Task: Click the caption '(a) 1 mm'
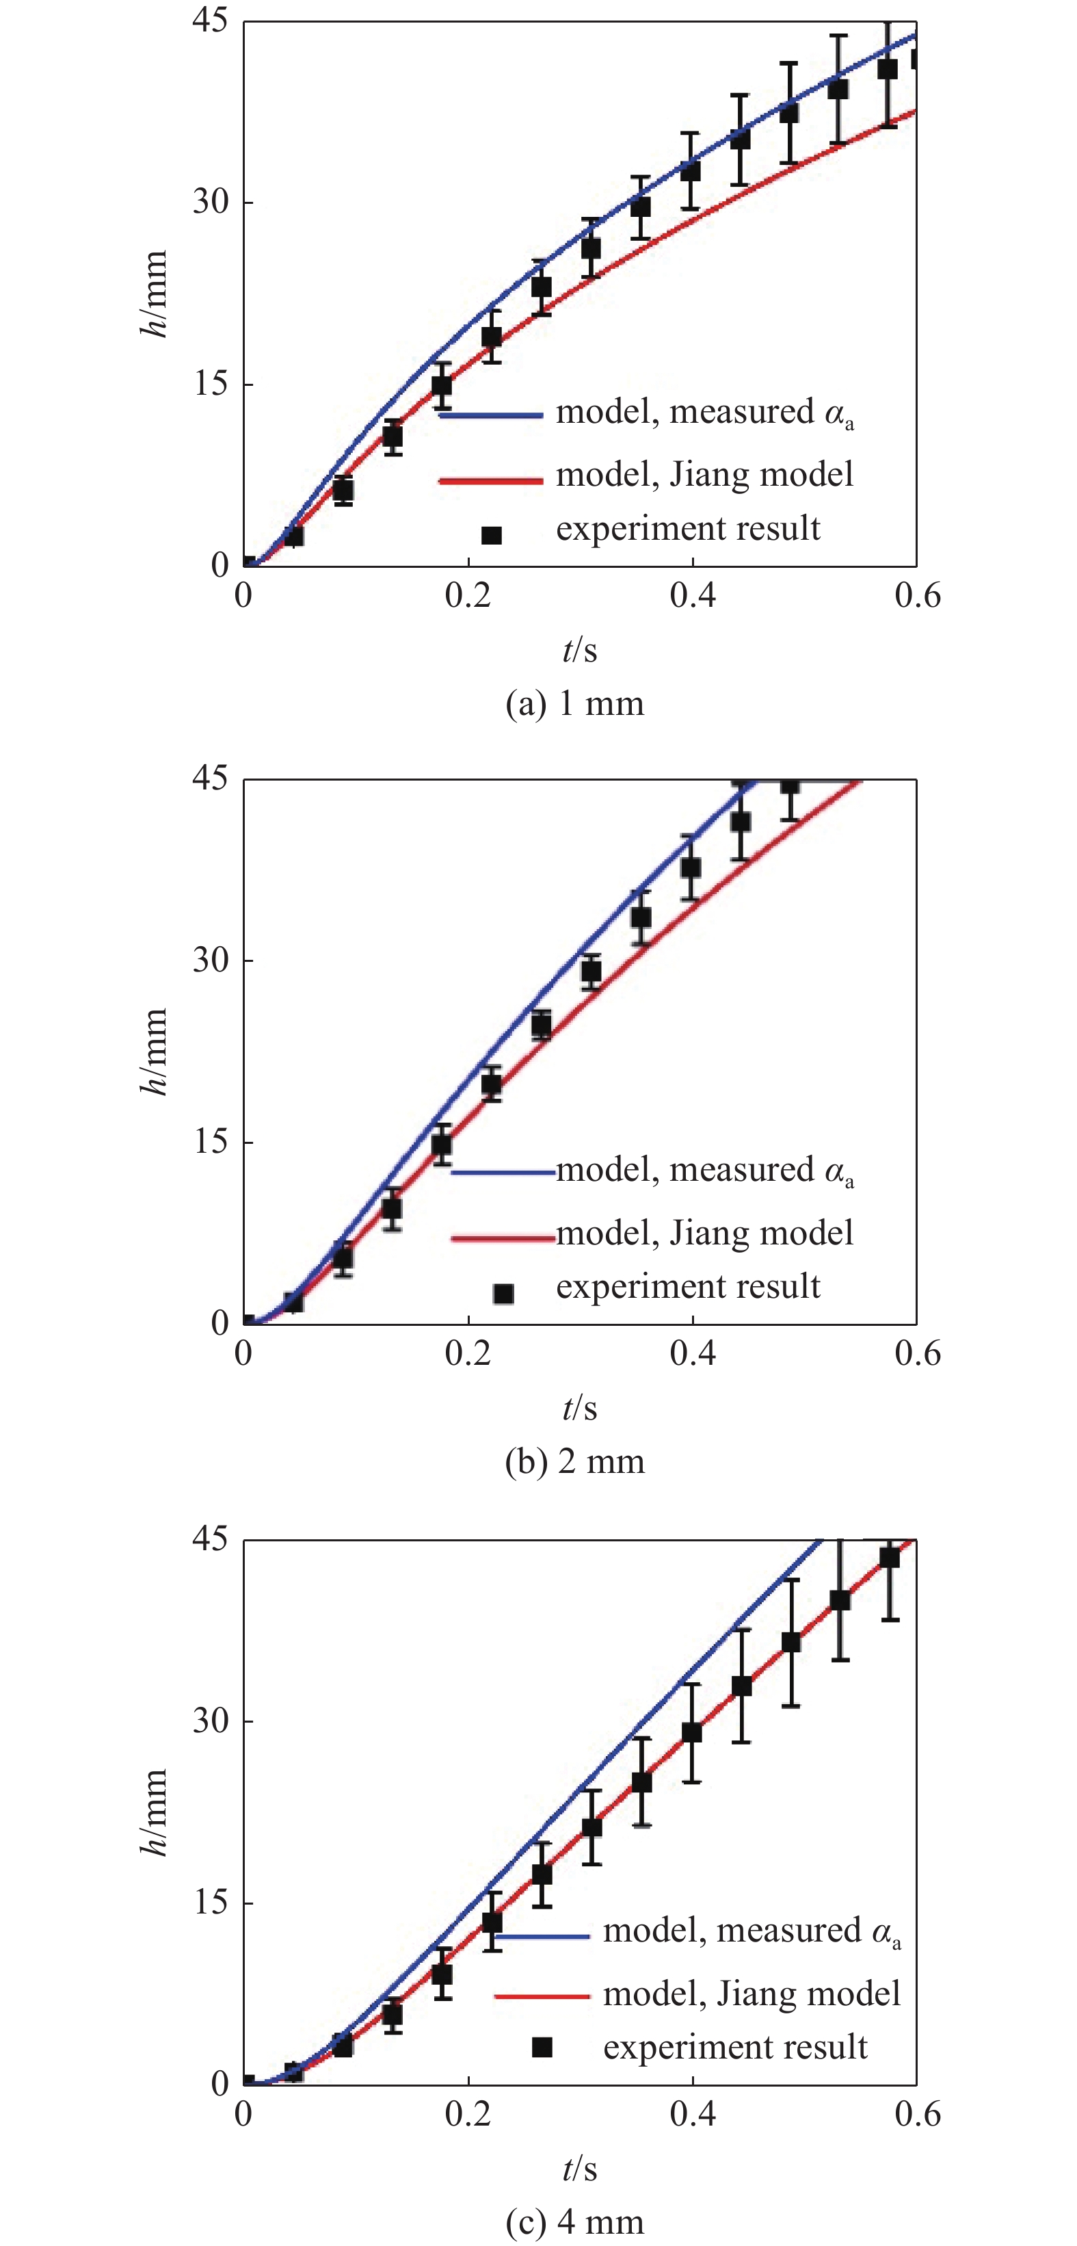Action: click(574, 703)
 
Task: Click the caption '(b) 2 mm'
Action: click(574, 1461)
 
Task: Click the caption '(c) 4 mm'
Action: click(574, 2221)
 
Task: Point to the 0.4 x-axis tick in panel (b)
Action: click(693, 1353)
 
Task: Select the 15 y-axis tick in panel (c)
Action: click(210, 1903)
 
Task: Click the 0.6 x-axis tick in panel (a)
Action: click(917, 595)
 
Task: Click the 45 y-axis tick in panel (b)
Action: click(210, 778)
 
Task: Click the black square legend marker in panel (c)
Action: click(542, 2046)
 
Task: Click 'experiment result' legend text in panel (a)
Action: click(687, 528)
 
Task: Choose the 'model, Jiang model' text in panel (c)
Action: click(751, 1993)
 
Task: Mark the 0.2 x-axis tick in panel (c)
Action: click(468, 2113)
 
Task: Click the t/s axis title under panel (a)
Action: click(579, 649)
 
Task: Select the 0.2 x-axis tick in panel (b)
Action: click(468, 1353)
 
